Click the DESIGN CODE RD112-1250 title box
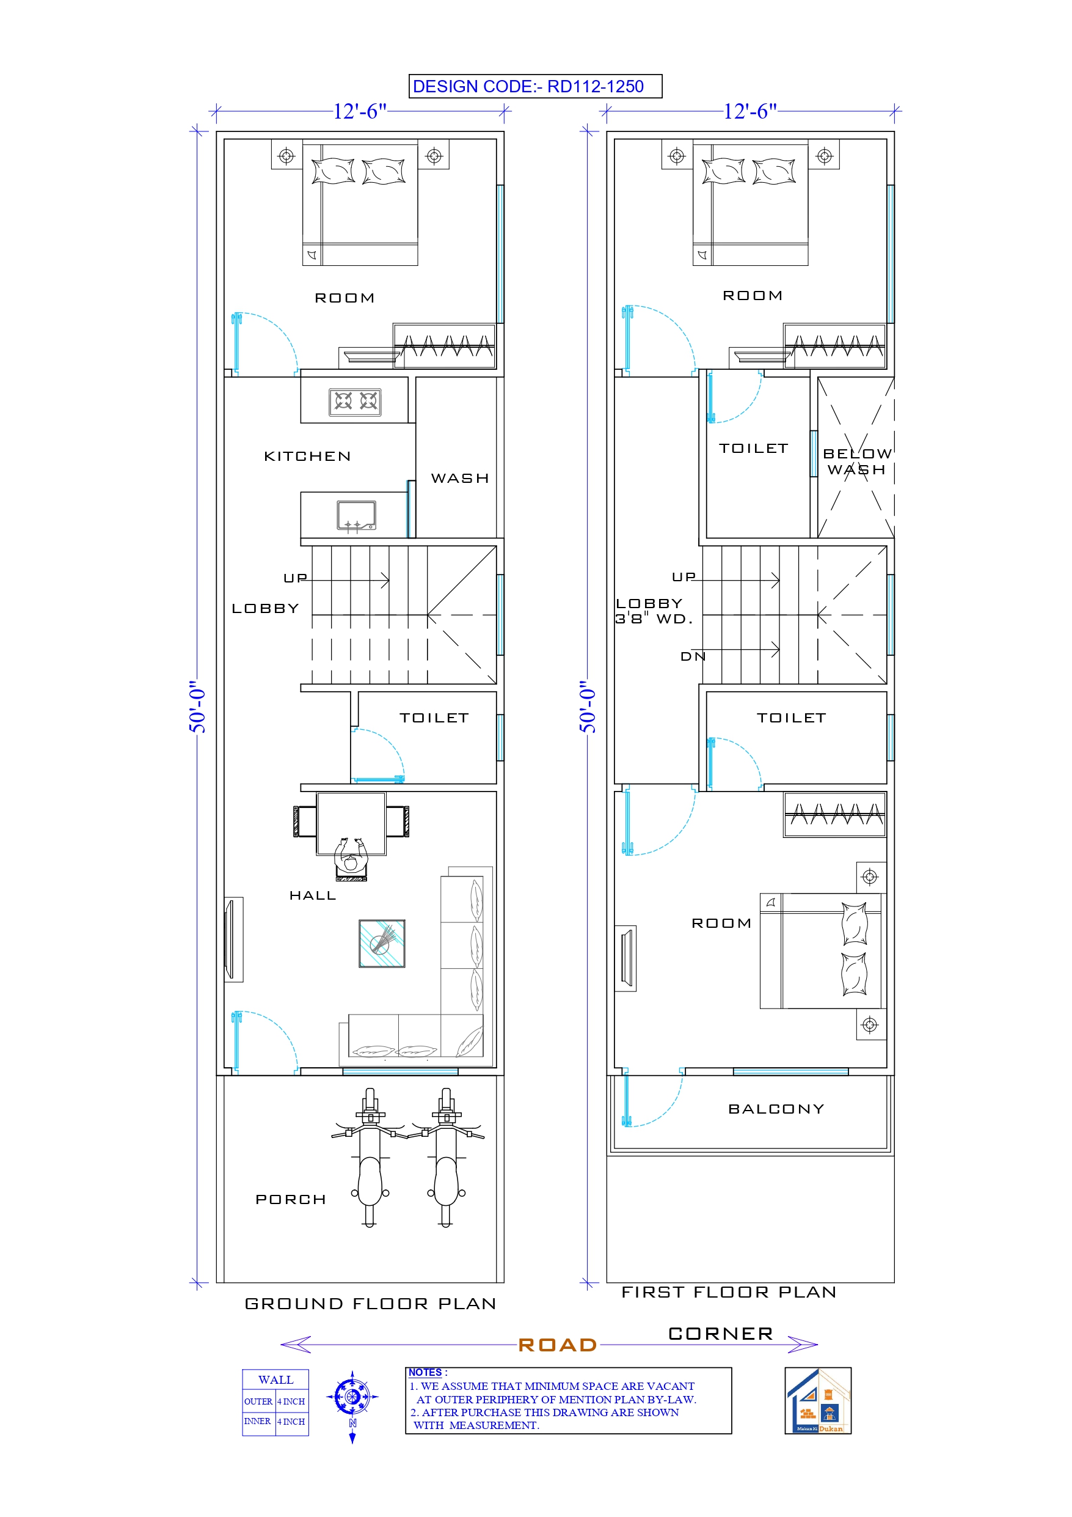pos(535,86)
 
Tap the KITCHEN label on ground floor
pos(307,457)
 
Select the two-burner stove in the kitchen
pos(356,401)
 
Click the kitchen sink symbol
pos(356,515)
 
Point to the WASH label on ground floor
pos(460,479)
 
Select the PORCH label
pos(291,1200)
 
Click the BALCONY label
pos(776,1109)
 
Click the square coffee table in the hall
pos(382,944)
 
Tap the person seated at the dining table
pos(351,859)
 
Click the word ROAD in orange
pos(558,1345)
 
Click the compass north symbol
pos(352,1397)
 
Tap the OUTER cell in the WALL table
pos(258,1401)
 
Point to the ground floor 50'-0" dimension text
pos(197,707)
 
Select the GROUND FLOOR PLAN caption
pos(370,1304)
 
